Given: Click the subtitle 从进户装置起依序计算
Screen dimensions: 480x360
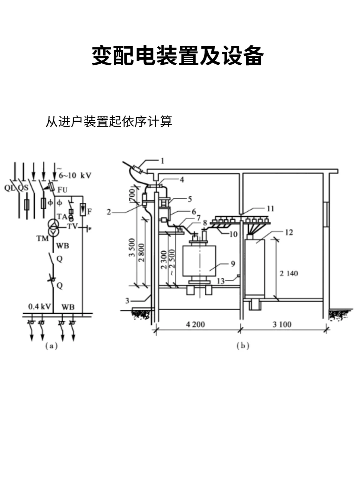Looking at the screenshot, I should (109, 121).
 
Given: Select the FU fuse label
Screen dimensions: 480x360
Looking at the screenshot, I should (62, 190).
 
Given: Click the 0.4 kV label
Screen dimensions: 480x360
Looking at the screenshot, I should (39, 306).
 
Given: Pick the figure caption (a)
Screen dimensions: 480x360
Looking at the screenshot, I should (51, 346).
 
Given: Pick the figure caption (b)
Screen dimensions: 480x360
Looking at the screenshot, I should (243, 346).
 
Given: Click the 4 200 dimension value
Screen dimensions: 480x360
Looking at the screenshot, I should (195, 324).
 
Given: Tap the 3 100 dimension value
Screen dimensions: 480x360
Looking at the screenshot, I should (282, 324).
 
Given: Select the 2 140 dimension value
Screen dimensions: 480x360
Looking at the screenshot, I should (289, 273).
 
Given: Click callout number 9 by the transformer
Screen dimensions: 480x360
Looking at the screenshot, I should (233, 264).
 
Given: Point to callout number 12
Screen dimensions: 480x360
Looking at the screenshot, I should (289, 232).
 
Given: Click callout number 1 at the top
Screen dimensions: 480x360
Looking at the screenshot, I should (162, 161).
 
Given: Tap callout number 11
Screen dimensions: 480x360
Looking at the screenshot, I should (270, 209).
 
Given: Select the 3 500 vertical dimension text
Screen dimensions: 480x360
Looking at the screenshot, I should (132, 247).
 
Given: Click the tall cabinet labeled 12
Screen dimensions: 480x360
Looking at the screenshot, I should (255, 267).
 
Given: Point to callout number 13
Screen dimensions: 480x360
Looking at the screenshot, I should (221, 281).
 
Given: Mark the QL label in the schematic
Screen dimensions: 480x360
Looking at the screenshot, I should (9, 188).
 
